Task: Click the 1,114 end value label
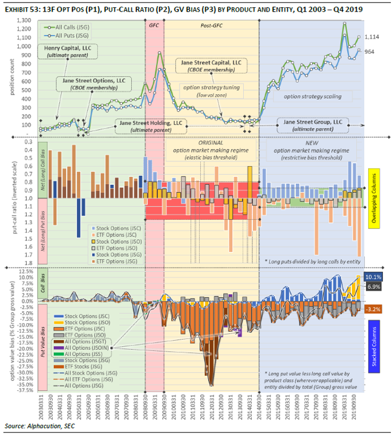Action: (x=373, y=37)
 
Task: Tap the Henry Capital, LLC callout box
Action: (x=67, y=51)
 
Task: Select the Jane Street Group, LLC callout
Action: (x=313, y=125)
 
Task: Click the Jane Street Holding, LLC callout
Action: (x=151, y=125)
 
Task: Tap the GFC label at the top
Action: (x=154, y=27)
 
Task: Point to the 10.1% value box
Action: (x=373, y=277)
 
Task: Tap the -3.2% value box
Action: (x=373, y=309)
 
